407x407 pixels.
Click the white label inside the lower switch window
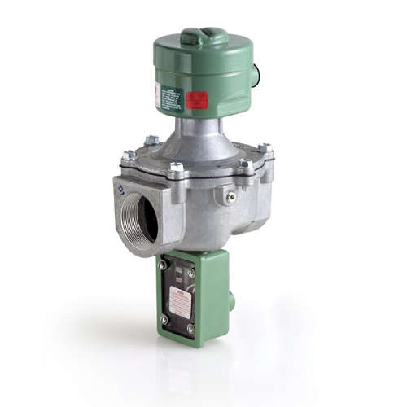click(x=181, y=301)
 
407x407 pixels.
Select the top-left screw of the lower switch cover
click(x=164, y=265)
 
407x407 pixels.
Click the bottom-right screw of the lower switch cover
click(x=191, y=329)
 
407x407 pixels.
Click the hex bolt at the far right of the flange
click(x=265, y=150)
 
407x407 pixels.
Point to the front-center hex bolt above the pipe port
click(x=176, y=169)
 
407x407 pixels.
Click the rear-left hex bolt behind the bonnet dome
click(x=151, y=140)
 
